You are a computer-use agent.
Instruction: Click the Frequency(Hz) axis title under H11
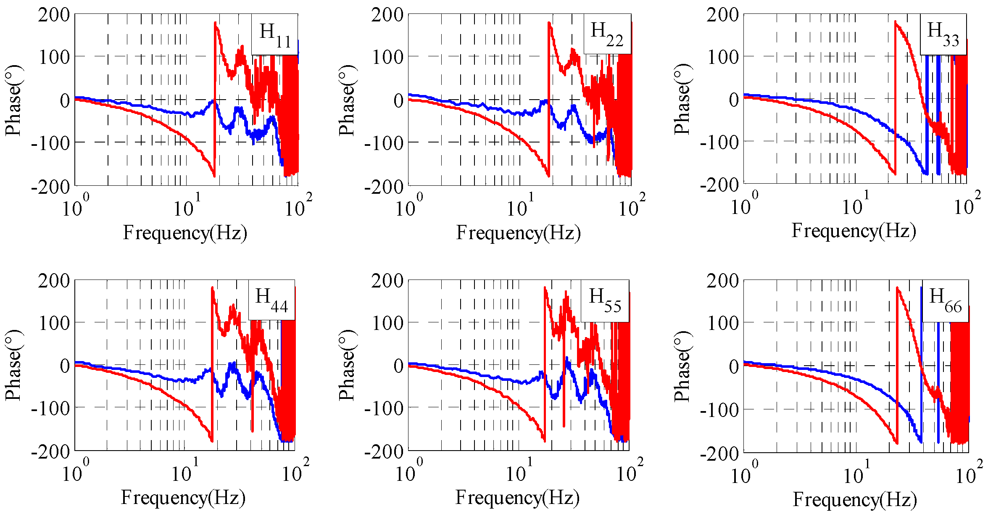pos(185,232)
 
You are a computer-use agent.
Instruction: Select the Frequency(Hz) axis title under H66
pos(855,499)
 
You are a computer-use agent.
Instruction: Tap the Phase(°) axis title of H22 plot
pos(347,100)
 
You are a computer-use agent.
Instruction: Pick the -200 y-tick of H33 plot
pos(720,185)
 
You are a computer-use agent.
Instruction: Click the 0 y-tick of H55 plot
pos(398,366)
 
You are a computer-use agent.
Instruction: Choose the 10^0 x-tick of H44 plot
pos(75,472)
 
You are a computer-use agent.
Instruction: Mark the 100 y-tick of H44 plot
pos(54,323)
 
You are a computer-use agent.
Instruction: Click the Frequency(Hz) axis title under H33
pos(854,231)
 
